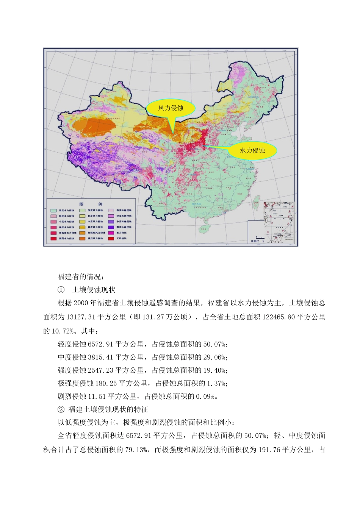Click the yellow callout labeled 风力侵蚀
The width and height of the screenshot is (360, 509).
pyautogui.click(x=171, y=108)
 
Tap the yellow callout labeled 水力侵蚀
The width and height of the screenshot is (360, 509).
pyautogui.click(x=252, y=150)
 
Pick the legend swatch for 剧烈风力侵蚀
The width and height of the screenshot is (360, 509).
pyautogui.click(x=82, y=239)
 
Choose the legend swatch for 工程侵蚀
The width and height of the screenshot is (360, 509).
pyautogui.click(x=111, y=239)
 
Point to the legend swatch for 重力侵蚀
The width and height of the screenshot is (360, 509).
pyautogui.click(x=111, y=233)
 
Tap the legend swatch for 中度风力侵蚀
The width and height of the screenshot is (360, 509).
pyautogui.click(x=82, y=222)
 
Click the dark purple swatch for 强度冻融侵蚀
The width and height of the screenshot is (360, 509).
pyautogui.click(x=111, y=227)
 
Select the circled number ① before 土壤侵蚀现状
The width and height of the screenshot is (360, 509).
pyautogui.click(x=61, y=290)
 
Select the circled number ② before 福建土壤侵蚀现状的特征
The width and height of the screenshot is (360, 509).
pyautogui.click(x=61, y=410)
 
